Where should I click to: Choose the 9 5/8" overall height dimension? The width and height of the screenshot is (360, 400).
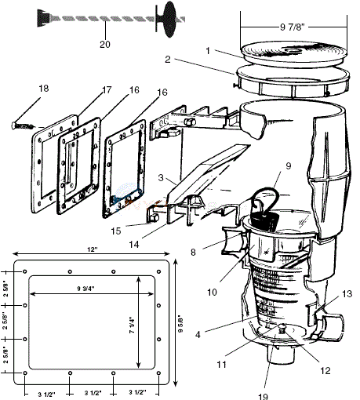182,322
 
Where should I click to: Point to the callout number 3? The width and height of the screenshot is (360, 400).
160,180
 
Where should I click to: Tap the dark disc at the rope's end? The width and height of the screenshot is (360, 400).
166,16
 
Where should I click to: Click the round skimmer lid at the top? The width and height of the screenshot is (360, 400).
286,56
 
